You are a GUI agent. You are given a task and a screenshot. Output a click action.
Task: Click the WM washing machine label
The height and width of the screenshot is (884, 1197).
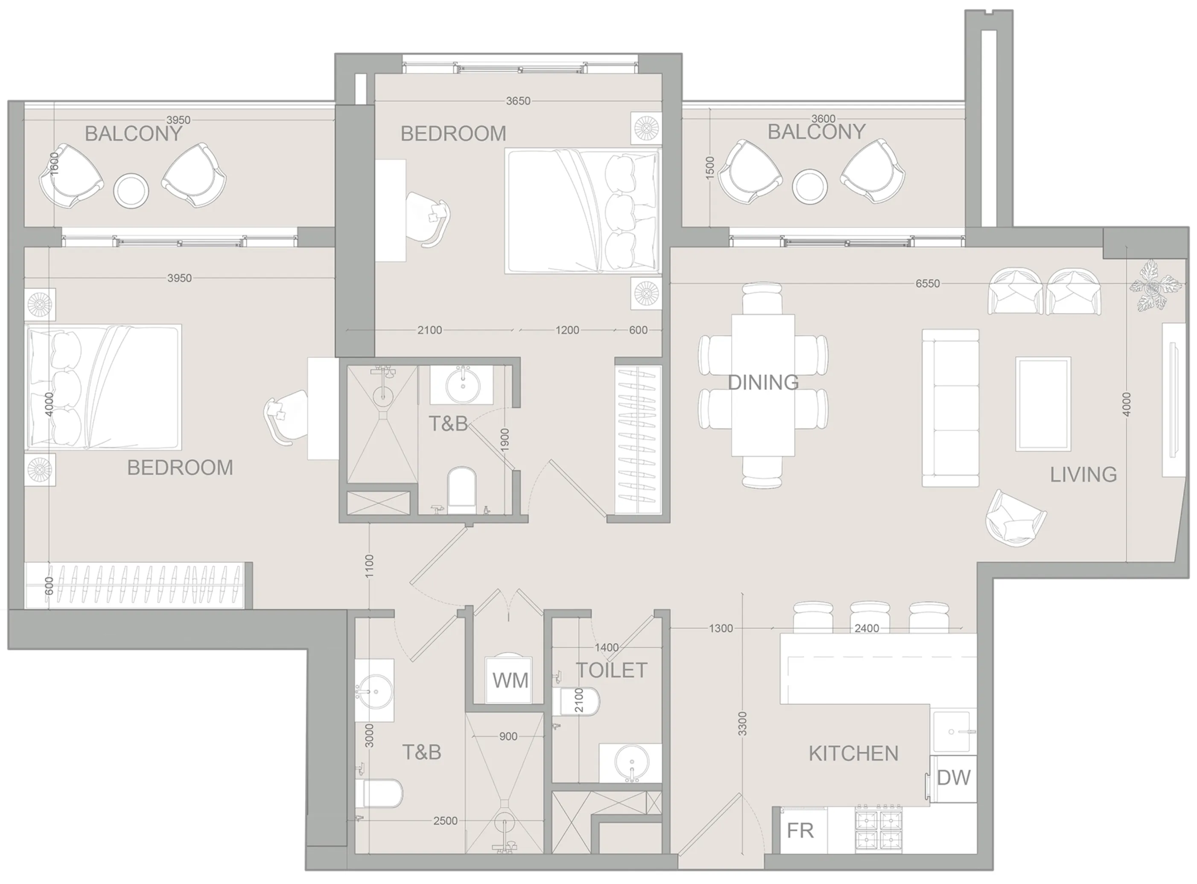point(510,681)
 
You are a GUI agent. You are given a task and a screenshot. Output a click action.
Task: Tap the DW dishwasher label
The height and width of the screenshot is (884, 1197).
point(954,778)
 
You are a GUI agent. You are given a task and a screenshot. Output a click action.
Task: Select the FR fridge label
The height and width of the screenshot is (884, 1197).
point(800,831)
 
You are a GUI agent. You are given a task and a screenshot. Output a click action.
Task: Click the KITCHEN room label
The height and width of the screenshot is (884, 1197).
point(853,754)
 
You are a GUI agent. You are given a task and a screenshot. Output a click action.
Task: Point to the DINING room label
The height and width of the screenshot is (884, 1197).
point(763,383)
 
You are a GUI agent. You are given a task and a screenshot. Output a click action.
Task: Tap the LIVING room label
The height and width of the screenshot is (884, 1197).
point(1083,474)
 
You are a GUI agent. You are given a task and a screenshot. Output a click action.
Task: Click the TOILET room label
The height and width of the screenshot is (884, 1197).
point(612,670)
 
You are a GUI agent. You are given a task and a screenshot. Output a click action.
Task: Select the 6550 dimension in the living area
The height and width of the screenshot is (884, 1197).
point(928,284)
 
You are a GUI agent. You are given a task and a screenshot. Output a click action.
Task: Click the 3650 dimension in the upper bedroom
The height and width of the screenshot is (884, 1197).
point(518,101)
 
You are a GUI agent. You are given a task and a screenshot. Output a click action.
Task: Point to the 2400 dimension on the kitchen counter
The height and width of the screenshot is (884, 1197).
point(867,628)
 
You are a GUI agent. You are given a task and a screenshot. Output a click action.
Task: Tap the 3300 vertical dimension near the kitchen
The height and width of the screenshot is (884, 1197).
point(742,723)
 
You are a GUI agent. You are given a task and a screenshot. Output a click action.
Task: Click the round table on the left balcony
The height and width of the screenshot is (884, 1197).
point(131,191)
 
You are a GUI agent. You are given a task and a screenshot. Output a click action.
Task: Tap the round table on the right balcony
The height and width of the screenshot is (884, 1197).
point(810,187)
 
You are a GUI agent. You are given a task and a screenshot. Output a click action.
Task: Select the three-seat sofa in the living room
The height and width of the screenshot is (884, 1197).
point(950,408)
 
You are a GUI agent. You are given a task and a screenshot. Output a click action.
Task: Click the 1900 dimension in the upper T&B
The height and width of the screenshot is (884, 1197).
point(505,440)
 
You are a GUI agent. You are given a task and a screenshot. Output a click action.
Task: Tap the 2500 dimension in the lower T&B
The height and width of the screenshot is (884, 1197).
point(445,821)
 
